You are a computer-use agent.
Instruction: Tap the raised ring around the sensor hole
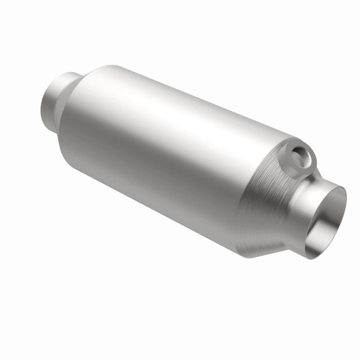point(306,150)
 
